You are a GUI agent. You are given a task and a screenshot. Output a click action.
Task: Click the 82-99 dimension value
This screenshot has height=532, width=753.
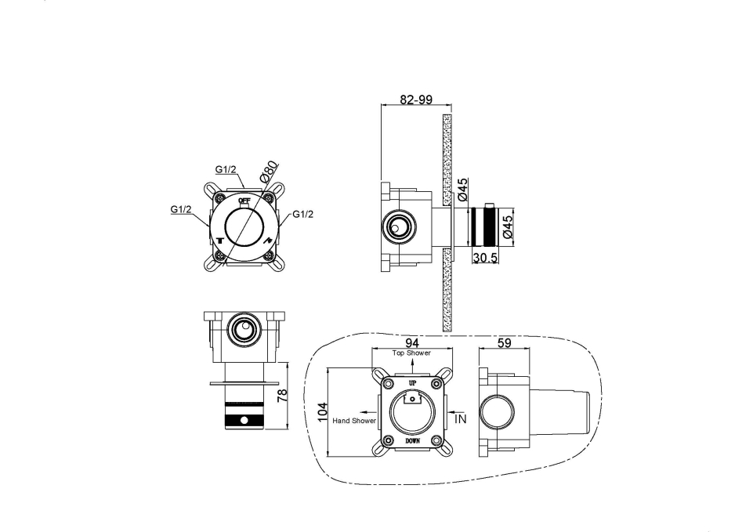(416, 100)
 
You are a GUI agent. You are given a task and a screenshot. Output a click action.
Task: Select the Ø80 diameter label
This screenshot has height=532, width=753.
(270, 171)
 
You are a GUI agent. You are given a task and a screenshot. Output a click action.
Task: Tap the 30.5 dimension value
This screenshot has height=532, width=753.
(485, 258)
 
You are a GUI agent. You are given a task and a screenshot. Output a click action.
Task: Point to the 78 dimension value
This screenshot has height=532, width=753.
(282, 395)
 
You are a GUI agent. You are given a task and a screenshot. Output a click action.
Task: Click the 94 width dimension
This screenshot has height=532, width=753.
(412, 343)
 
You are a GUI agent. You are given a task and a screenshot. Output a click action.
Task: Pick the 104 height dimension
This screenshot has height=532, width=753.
(323, 412)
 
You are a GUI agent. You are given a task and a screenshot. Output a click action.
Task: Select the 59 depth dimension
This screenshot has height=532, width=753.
(505, 343)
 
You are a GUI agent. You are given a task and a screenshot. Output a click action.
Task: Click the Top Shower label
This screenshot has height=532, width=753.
(411, 353)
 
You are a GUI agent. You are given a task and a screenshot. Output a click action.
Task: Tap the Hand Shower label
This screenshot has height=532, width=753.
(354, 421)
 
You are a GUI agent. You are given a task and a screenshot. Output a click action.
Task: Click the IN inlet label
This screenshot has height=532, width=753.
(460, 418)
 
